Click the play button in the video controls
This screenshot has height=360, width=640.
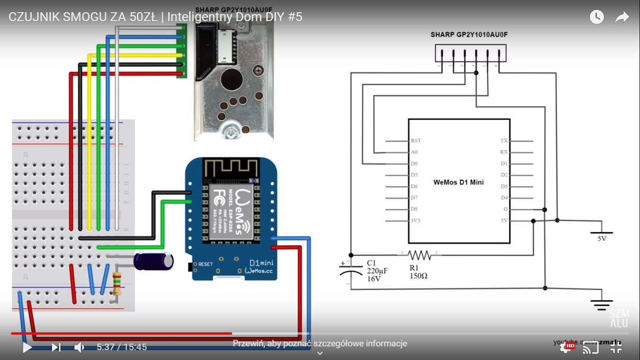[27, 347]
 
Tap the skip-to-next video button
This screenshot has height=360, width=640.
[56, 347]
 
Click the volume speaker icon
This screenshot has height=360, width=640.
[79, 347]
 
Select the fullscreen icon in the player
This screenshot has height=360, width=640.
[616, 347]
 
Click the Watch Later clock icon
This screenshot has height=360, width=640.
[596, 17]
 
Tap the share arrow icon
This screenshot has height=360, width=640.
[622, 17]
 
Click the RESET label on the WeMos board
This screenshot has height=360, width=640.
[205, 264]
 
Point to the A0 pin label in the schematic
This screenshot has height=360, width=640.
[414, 152]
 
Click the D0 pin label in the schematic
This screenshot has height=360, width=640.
[414, 164]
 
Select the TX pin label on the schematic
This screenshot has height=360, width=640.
[504, 141]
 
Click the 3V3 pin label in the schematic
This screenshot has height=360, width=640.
[415, 220]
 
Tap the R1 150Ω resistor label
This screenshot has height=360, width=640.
[418, 272]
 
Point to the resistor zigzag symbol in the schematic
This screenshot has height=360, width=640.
[419, 255]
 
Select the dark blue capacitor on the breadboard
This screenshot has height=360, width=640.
[153, 261]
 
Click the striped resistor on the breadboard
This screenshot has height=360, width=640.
[117, 283]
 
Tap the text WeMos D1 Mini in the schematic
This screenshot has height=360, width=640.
[458, 182]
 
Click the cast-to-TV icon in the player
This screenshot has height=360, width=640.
[590, 347]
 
